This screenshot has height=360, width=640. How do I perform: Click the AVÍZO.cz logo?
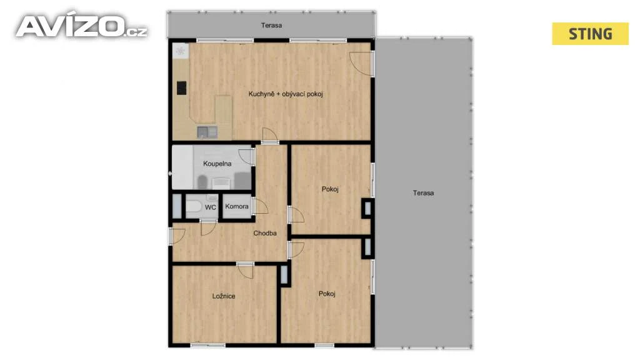pos(81,26)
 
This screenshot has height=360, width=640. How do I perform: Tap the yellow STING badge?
pos(590,34)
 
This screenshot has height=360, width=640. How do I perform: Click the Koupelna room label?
pos(217,164)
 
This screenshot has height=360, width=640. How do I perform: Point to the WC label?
pos(211,207)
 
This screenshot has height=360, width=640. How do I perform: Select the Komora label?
pos(237,206)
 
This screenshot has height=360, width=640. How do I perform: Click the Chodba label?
pos(265,234)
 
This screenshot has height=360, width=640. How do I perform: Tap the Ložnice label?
pos(224,296)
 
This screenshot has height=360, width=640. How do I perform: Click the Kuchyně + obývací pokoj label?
pos(286,94)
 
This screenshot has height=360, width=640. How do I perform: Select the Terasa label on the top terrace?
pos(271,25)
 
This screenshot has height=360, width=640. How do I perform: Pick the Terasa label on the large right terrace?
pos(423,193)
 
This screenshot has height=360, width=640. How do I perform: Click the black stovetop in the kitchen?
pos(182,88)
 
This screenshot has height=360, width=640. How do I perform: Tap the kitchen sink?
pos(207,132)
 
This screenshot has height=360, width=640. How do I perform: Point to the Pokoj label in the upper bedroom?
pos(330,189)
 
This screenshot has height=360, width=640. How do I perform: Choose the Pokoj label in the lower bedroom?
pos(327,294)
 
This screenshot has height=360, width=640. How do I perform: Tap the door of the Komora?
pos(260,206)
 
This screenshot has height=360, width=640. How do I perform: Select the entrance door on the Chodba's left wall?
pos(177,236)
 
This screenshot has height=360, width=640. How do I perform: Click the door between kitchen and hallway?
pos(270,135)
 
